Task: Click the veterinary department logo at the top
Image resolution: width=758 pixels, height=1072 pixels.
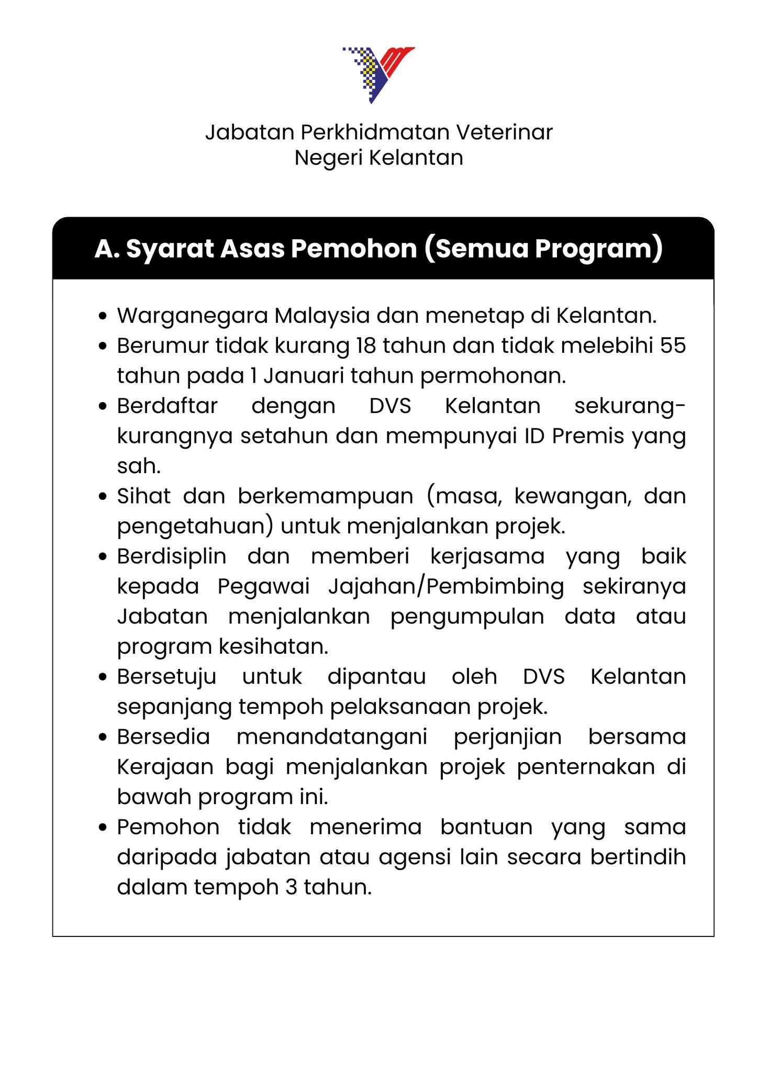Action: click(378, 74)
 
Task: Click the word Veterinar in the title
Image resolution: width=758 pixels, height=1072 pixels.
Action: click(505, 132)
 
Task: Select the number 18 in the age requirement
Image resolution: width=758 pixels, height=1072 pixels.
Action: click(361, 345)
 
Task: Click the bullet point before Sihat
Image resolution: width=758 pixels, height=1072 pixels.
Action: click(103, 496)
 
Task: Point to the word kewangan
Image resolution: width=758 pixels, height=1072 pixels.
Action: click(572, 496)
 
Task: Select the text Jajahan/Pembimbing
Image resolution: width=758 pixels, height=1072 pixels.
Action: click(446, 587)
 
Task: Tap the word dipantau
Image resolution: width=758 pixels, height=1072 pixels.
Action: click(376, 677)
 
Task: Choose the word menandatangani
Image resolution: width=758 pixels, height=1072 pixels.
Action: click(332, 737)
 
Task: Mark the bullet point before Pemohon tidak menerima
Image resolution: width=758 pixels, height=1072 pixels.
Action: click(103, 828)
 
